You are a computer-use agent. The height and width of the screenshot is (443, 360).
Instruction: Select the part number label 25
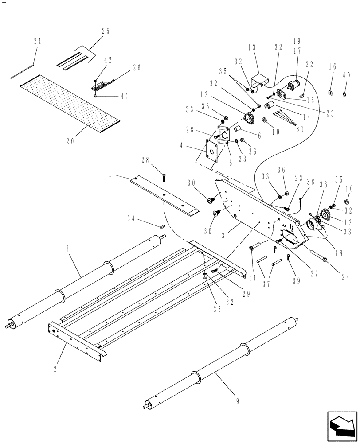106,31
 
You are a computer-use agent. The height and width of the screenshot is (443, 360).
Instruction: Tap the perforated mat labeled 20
71,103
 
